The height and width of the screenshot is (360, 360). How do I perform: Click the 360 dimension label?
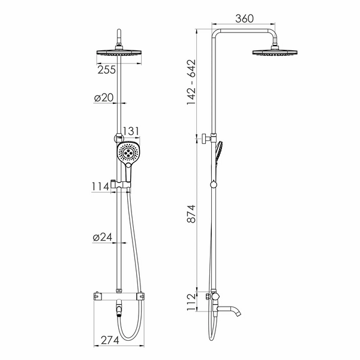(244, 19)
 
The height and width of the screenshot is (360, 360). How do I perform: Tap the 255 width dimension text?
(107, 70)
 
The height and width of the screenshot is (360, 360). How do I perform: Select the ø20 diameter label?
(104, 98)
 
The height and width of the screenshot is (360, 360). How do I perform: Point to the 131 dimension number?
(131, 131)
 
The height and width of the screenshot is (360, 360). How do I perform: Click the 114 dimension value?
(101, 187)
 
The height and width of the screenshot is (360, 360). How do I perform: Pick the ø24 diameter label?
(103, 237)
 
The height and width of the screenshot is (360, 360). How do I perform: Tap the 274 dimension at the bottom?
(110, 340)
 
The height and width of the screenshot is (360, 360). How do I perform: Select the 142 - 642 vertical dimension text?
(191, 82)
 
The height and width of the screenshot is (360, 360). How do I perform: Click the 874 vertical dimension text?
(191, 214)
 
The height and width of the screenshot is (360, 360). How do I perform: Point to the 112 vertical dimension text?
(191, 302)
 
